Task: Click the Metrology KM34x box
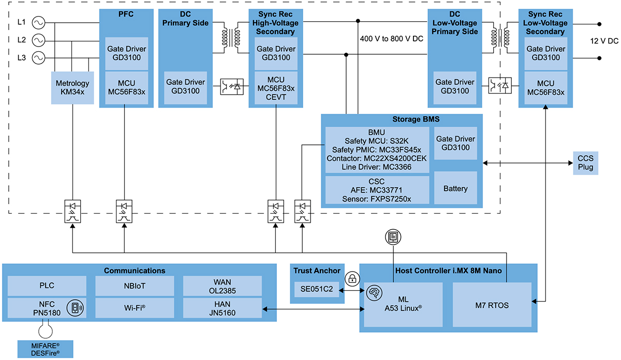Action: pos(72,87)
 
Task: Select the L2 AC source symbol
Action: pos(39,40)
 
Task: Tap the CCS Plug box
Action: pos(585,163)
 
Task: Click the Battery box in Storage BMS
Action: pos(455,189)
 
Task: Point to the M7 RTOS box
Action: pos(492,305)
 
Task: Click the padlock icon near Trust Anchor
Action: pos(352,279)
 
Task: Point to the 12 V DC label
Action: pos(605,41)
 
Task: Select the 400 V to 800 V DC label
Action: pos(392,39)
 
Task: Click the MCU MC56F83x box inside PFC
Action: pos(126,87)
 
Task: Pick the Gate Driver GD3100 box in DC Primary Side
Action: pos(185,86)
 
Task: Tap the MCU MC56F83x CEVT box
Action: pos(276,87)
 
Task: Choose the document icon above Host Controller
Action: pos(393,237)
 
